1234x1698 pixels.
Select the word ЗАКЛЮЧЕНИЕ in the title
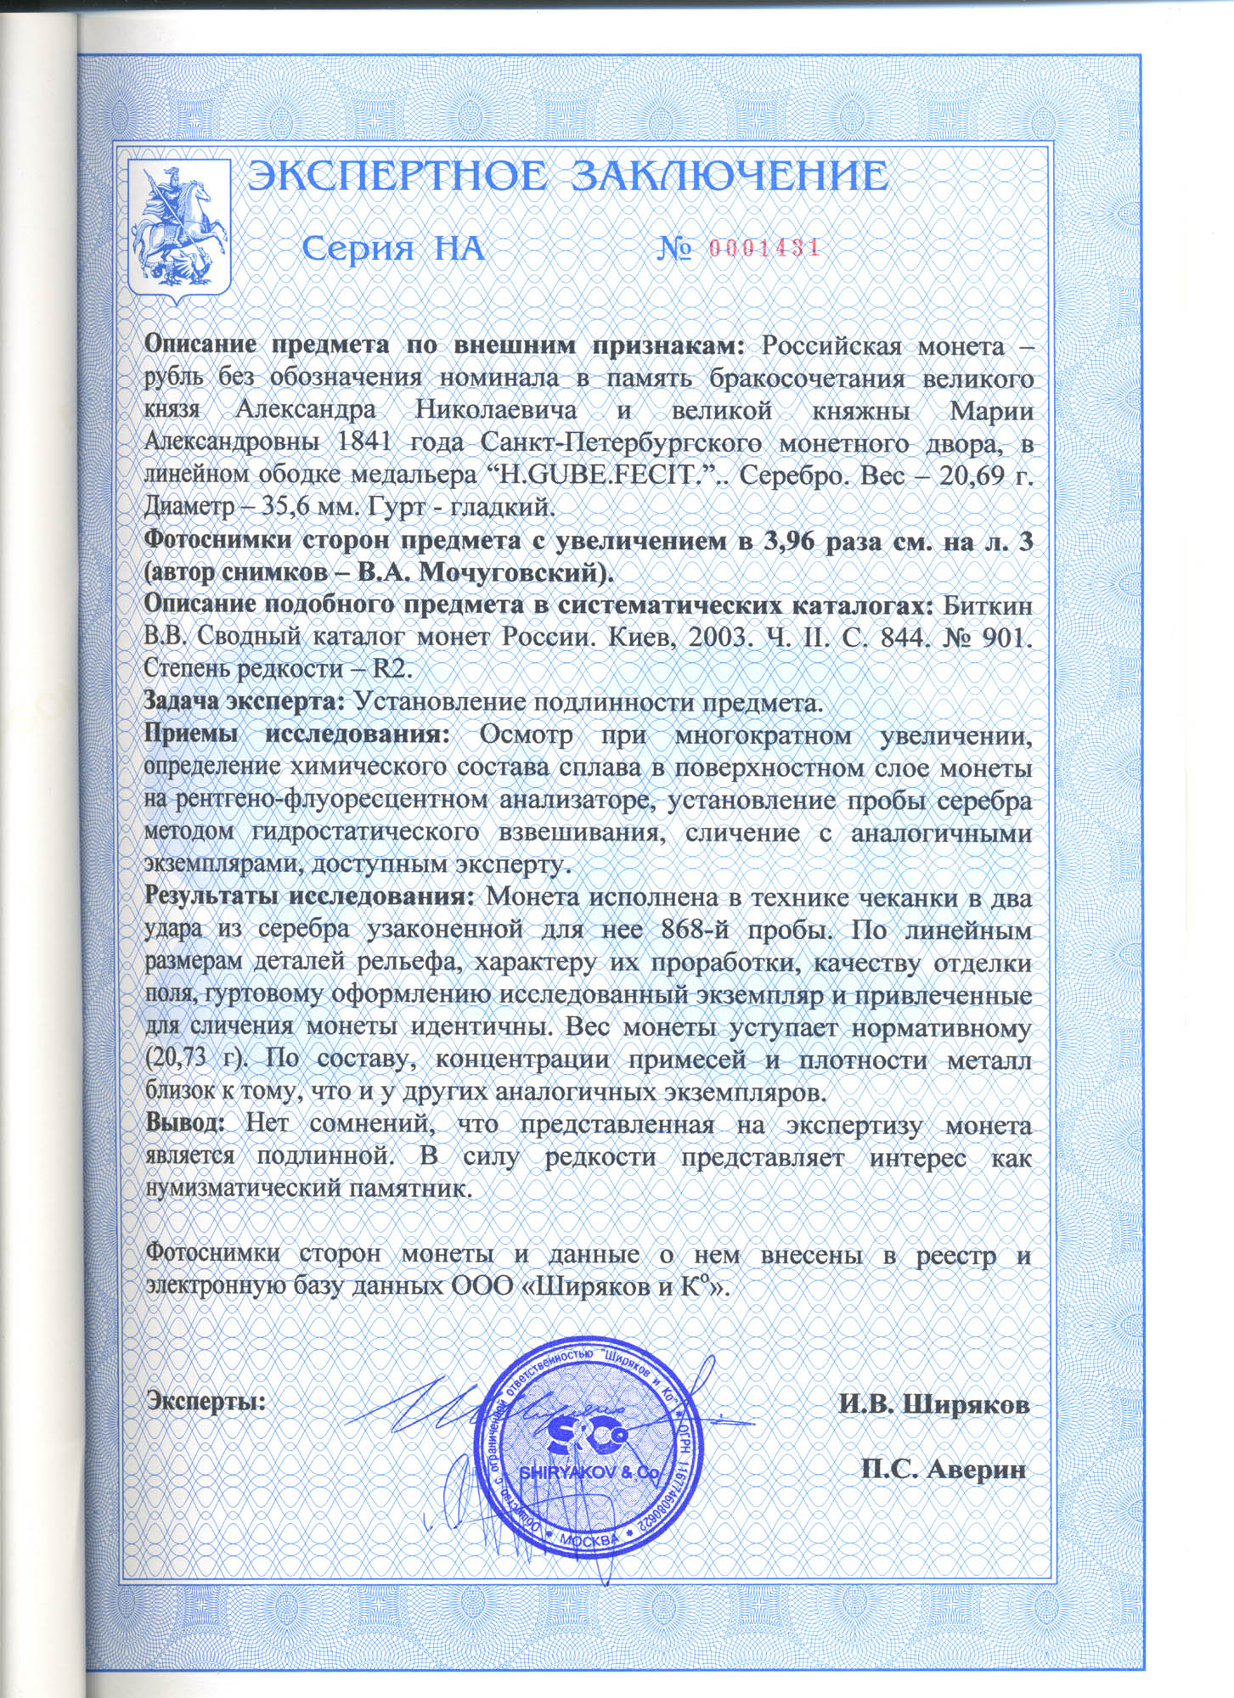point(728,177)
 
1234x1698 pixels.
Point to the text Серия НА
point(393,249)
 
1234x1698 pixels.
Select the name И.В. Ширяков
point(934,1403)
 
